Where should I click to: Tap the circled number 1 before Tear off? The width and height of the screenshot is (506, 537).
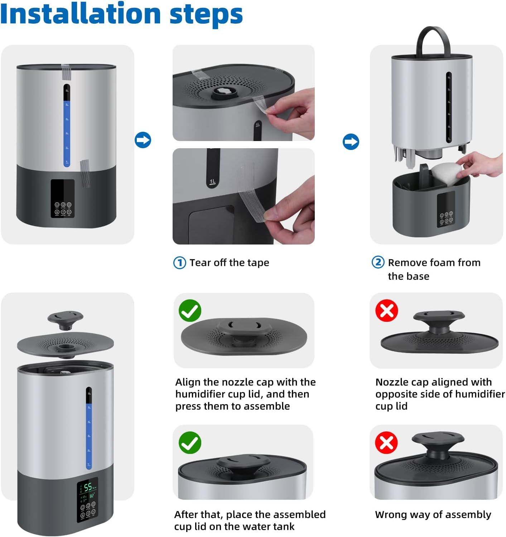tap(179, 262)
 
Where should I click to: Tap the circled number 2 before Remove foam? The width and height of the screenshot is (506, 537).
tap(378, 262)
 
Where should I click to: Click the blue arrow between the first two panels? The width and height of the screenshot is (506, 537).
tap(143, 140)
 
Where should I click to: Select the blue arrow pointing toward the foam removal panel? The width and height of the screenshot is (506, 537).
tap(351, 141)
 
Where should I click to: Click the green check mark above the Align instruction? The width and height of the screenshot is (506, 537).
tap(190, 310)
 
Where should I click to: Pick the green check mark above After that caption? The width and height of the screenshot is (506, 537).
tap(190, 442)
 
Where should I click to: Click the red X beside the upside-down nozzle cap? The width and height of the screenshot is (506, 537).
tap(387, 310)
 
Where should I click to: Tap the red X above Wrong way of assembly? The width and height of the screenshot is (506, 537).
tap(386, 442)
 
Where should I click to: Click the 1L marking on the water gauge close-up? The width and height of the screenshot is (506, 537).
tap(213, 181)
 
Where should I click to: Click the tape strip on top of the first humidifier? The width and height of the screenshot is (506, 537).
tap(66, 72)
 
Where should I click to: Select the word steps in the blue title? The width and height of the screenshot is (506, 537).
tap(206, 15)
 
